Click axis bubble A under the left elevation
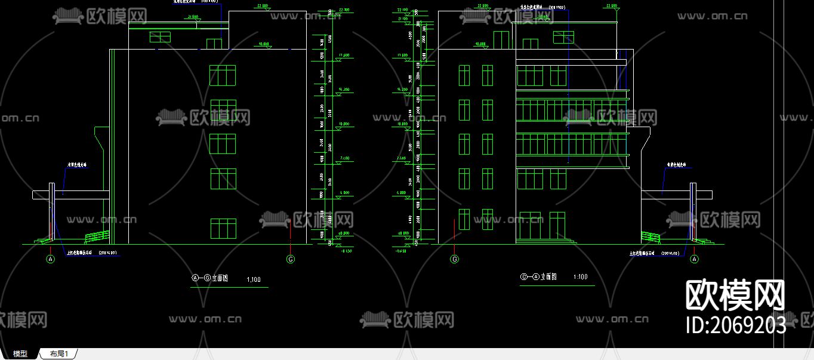(51, 259)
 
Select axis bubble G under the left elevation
(291, 259)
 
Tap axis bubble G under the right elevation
(454, 259)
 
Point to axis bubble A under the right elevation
(694, 259)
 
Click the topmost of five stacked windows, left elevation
(222, 75)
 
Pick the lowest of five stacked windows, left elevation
(223, 229)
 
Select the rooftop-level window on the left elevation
(160, 37)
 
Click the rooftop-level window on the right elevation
(563, 37)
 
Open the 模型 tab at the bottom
(20, 354)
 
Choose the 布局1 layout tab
(58, 354)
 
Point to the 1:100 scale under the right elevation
(580, 277)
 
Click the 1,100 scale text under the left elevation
(253, 279)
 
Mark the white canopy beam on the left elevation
(72, 195)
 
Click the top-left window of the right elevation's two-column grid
(464, 75)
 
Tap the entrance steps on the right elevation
(546, 242)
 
